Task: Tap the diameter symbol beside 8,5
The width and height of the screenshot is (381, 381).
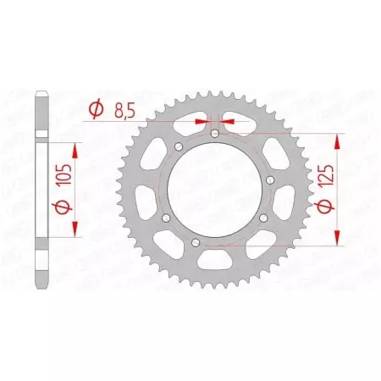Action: (x=96, y=109)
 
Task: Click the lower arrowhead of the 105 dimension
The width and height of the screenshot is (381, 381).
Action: (x=76, y=229)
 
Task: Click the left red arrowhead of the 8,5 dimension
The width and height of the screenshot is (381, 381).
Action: (x=202, y=122)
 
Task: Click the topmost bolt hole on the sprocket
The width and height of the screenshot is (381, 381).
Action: (x=214, y=134)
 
